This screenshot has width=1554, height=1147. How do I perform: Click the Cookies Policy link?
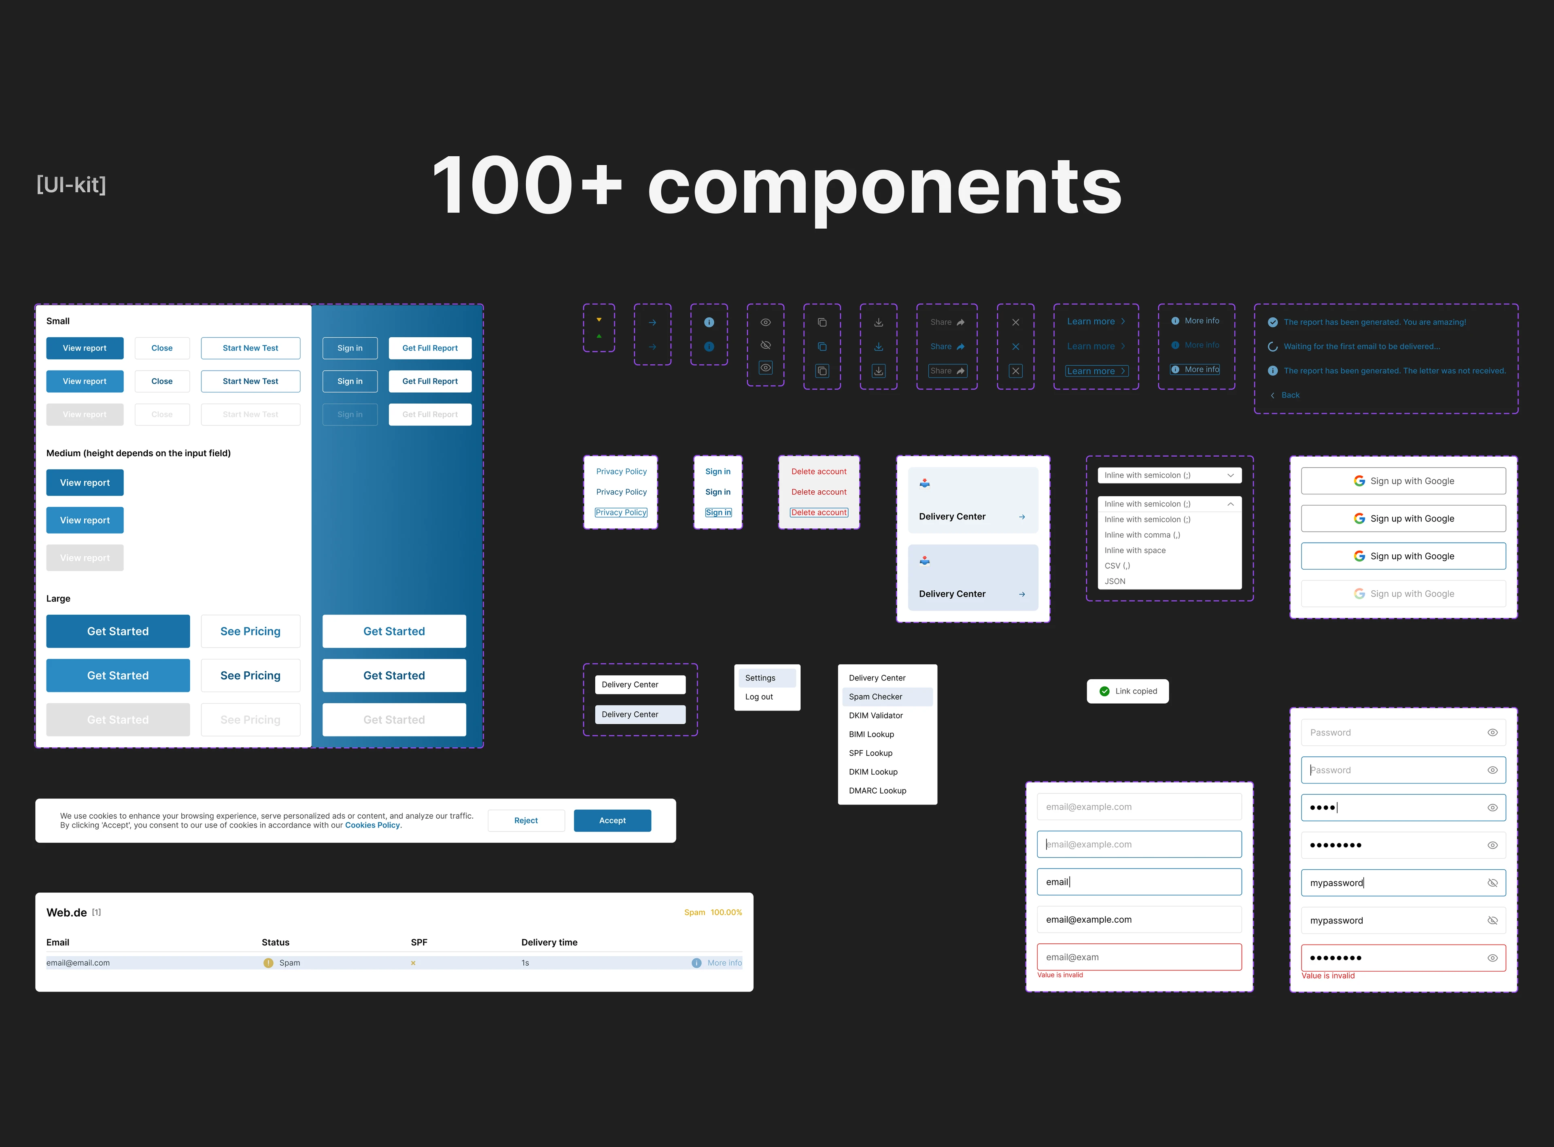pyautogui.click(x=373, y=826)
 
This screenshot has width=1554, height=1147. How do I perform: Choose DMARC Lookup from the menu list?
pyautogui.click(x=877, y=791)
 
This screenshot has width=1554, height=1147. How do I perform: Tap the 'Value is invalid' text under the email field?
pyautogui.click(x=1060, y=975)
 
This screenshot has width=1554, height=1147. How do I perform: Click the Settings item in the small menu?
pyautogui.click(x=760, y=678)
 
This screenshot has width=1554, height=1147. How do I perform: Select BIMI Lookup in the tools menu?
pyautogui.click(x=871, y=734)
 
